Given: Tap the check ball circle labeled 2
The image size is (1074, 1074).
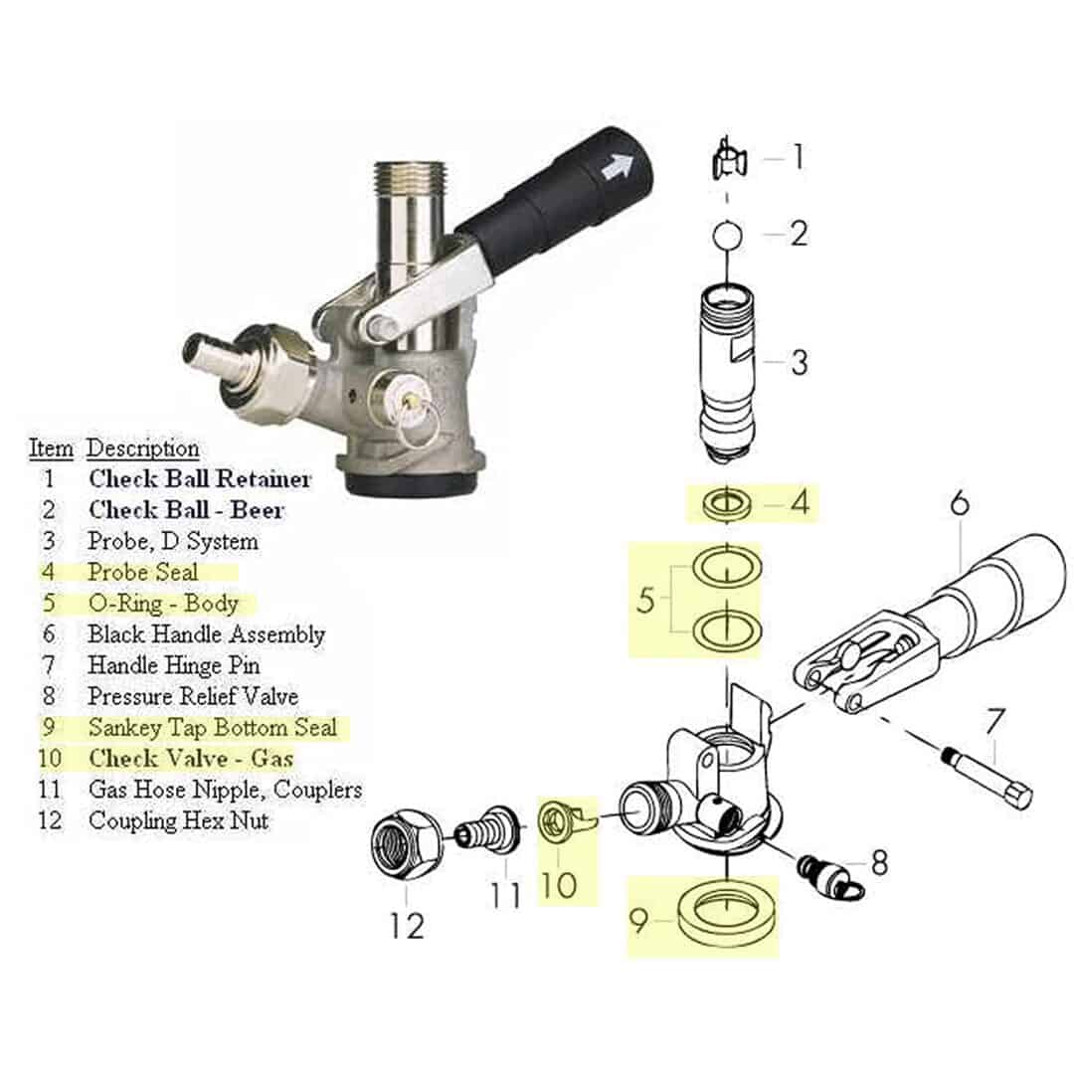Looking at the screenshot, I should [728, 236].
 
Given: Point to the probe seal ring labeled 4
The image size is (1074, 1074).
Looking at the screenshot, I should [728, 504].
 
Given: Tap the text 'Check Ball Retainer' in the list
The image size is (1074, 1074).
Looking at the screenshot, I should [199, 479].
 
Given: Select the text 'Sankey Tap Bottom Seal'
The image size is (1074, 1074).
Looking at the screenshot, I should [212, 727].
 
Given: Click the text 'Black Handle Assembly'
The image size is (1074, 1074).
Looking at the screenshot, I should [206, 633].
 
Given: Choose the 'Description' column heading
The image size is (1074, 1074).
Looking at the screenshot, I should [143, 448].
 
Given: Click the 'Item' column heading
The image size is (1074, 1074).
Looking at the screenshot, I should [50, 448].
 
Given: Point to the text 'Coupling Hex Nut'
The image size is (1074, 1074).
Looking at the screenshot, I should [178, 821].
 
